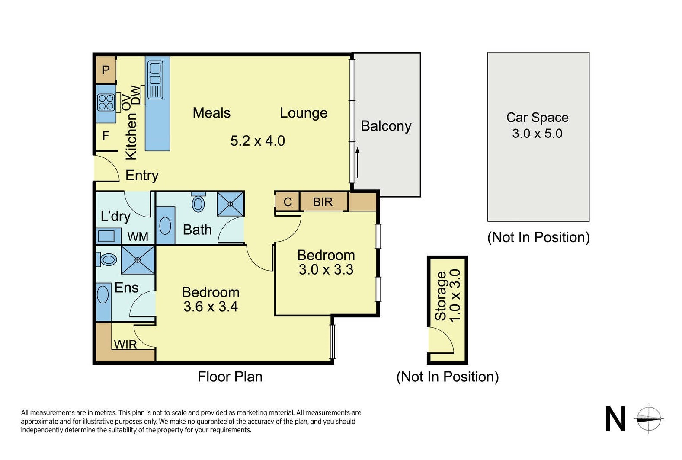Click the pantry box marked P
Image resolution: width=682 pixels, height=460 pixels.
(x=106, y=70)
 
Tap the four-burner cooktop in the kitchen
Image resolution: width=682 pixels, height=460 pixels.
(x=106, y=102)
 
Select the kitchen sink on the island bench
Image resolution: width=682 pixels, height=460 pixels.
(x=155, y=80)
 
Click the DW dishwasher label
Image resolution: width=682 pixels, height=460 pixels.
(x=135, y=95)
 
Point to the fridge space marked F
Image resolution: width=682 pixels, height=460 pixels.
(x=106, y=135)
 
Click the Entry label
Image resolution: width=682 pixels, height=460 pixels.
(x=142, y=176)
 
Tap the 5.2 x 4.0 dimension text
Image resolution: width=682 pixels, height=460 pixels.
(x=258, y=141)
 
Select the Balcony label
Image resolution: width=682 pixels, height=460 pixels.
(x=386, y=126)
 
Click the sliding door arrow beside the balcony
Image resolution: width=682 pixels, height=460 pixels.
(x=358, y=163)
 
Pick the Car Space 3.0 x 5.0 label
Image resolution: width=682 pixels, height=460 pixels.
(x=538, y=125)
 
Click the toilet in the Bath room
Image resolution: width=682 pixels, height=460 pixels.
(x=198, y=202)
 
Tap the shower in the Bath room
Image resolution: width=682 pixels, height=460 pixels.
(x=231, y=204)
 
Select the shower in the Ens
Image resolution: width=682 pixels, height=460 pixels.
(x=138, y=260)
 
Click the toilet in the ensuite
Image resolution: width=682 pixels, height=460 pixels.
(x=106, y=260)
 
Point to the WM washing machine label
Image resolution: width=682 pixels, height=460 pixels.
(x=138, y=236)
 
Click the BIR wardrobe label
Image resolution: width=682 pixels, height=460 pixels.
(x=323, y=202)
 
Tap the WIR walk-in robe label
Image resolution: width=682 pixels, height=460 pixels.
(x=125, y=345)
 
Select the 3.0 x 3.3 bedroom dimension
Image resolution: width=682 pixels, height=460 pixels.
(x=326, y=270)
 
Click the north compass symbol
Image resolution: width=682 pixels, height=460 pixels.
(x=649, y=419)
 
